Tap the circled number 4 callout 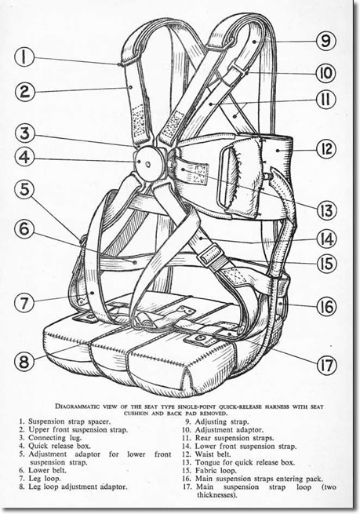[24, 158]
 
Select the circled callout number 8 [24, 363]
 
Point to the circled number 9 [326, 41]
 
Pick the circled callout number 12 [326, 149]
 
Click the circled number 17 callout [326, 365]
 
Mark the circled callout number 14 [326, 239]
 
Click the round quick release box [149, 162]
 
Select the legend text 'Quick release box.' [60, 446]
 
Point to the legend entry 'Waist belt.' [213, 454]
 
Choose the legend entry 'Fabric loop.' [216, 470]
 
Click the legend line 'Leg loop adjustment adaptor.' [78, 487]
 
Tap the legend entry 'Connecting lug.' [55, 438]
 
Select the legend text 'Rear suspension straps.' [235, 438]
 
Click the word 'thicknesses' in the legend [216, 495]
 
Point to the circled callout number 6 [24, 228]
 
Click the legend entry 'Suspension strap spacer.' [69, 421]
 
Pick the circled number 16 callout [326, 307]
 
